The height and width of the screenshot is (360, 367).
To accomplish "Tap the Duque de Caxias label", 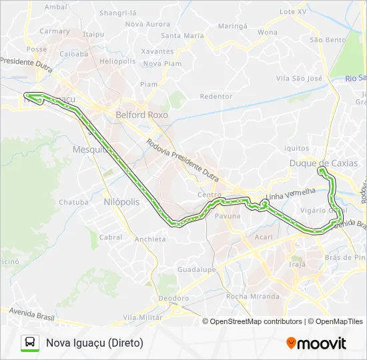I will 323,163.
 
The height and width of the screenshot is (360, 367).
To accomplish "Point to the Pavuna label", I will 228,217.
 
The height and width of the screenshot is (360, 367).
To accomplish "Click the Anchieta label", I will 150,239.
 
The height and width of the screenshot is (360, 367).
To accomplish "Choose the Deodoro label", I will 174,298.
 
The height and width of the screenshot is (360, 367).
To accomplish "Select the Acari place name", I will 264,237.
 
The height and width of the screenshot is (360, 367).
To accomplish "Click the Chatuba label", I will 73,202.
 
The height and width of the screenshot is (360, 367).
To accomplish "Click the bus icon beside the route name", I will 30,343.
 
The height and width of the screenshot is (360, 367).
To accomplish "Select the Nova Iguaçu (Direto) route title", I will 95,343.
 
